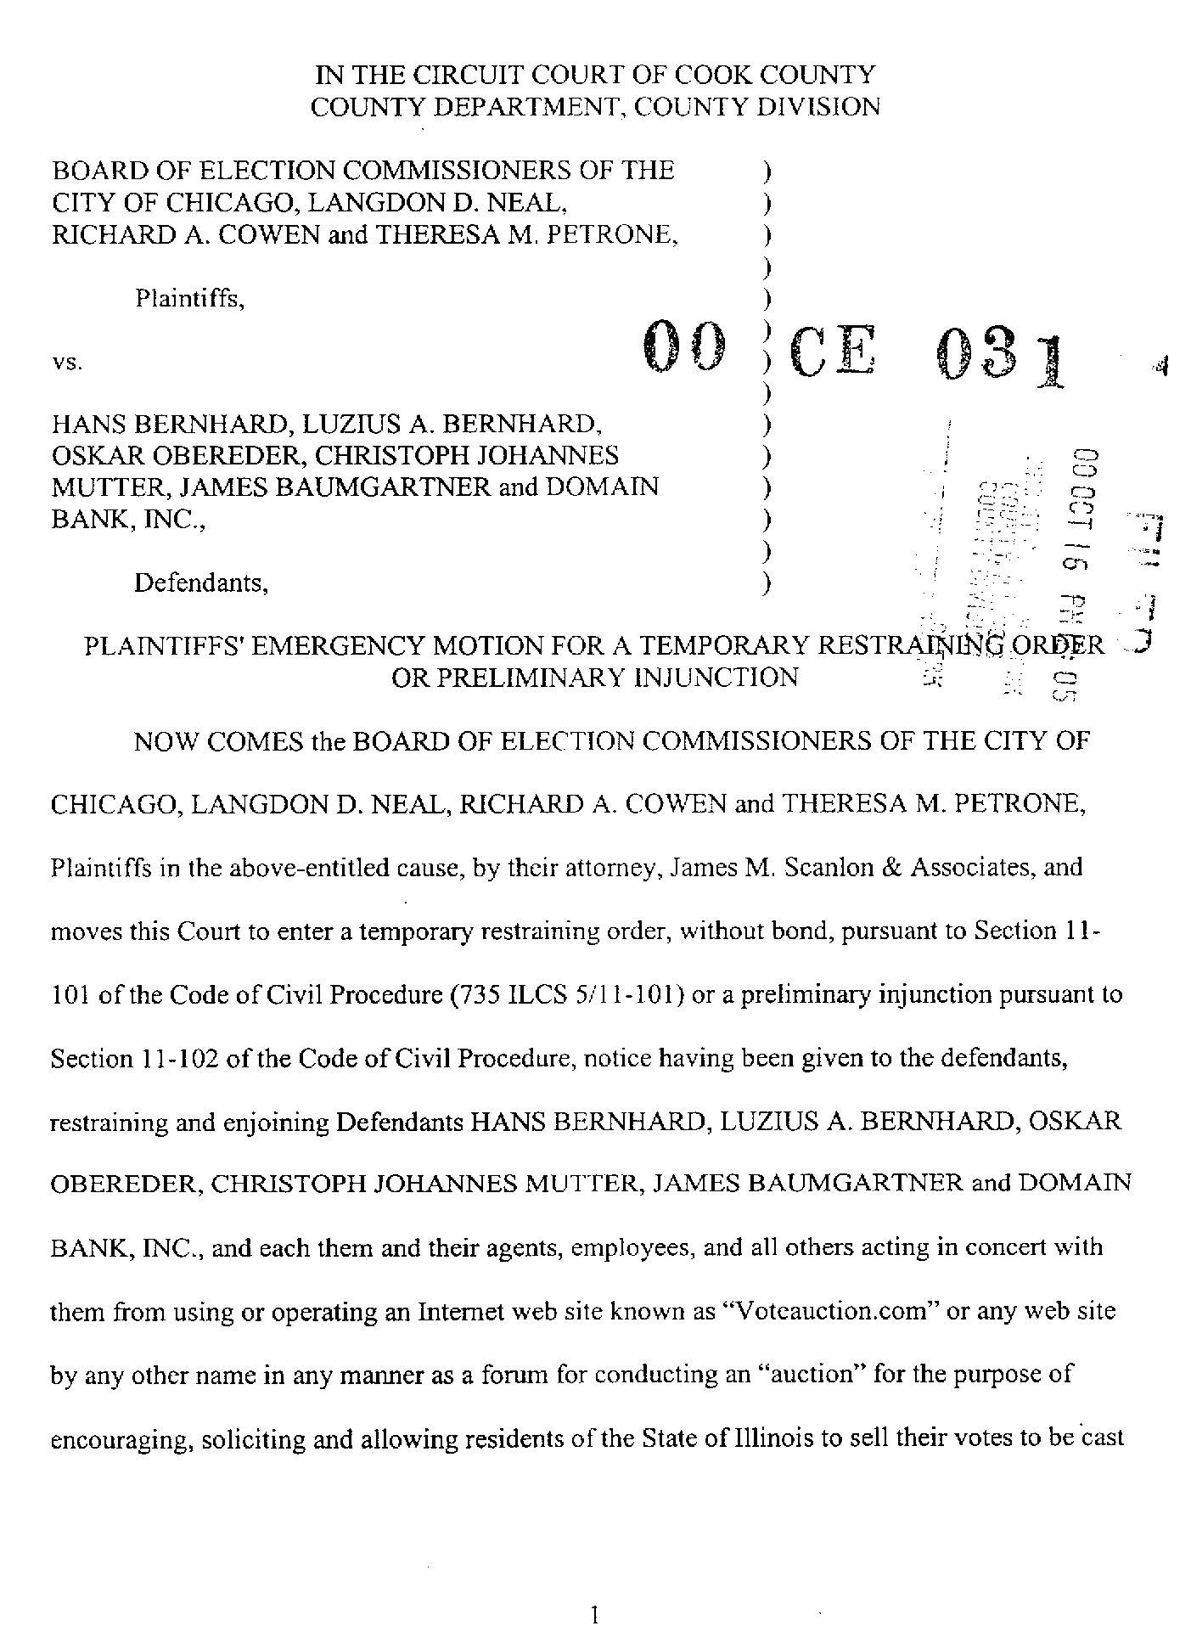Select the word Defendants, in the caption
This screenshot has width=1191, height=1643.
pos(201,583)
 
